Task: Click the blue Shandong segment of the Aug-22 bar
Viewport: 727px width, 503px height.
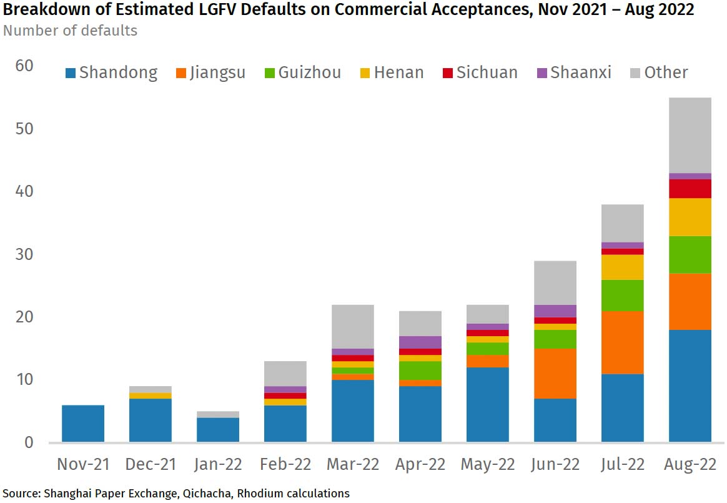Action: coord(690,386)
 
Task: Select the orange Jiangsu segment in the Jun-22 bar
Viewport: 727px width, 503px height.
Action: coord(555,373)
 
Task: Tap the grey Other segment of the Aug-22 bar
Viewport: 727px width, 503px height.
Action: coord(690,135)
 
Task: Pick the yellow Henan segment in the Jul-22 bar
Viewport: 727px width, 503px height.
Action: coord(622,267)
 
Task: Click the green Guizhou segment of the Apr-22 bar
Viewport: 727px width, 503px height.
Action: coord(420,370)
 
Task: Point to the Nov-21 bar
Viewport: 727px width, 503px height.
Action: coord(83,423)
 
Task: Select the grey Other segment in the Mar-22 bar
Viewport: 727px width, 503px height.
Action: coord(352,326)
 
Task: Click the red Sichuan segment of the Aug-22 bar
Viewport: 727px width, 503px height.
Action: coord(690,189)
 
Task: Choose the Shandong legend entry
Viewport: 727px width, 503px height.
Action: coord(111,72)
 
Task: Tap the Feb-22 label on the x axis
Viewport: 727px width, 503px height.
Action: coord(285,464)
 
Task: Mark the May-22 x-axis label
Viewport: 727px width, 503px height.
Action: coord(487,464)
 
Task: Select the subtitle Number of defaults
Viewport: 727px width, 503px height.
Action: coord(70,30)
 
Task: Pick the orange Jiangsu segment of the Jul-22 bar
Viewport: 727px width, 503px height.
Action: coord(622,342)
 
